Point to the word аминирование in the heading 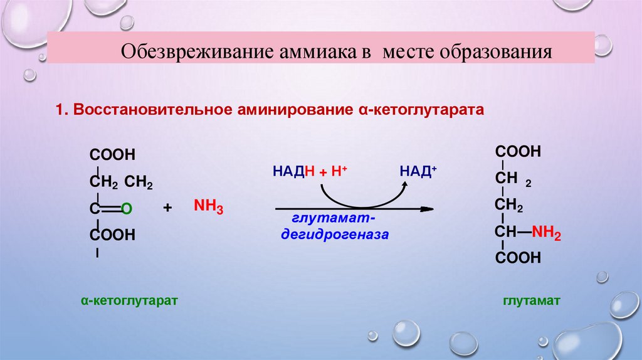tap(293, 110)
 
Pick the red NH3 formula tap(209, 208)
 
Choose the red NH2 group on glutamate tap(546, 234)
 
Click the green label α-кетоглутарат tap(130, 301)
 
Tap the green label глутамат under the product tap(530, 301)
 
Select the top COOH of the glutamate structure tap(518, 152)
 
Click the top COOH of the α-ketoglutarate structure tap(113, 155)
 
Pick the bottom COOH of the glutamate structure tap(518, 258)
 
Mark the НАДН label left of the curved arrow tap(293, 171)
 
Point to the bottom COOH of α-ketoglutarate tap(113, 235)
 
